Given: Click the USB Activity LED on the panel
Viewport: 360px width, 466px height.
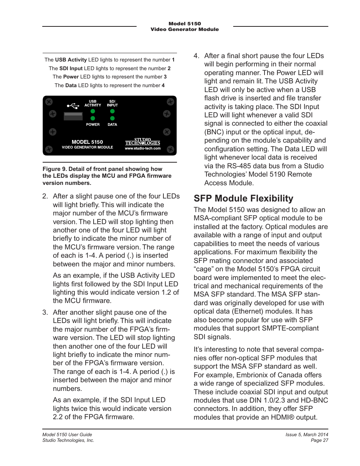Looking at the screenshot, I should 93,111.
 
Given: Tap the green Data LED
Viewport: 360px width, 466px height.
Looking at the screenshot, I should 112,118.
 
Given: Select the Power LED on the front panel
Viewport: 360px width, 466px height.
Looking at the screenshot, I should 93,118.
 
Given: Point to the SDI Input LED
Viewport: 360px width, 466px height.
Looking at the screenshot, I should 112,111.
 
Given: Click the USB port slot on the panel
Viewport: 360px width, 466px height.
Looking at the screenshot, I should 73,115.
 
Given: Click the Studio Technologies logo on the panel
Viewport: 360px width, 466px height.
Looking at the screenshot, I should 143,141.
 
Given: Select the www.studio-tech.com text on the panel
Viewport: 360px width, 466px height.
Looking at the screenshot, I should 143,148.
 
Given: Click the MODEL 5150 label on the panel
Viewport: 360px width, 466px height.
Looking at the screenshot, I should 87,142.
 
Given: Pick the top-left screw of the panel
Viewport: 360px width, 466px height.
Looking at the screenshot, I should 49,102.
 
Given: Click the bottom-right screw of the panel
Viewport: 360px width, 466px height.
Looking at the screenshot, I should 171,148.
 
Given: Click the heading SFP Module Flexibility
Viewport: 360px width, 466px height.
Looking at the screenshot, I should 243,198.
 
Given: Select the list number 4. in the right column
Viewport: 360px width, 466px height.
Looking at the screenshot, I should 196,56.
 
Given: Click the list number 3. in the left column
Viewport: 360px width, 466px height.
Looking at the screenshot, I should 45,312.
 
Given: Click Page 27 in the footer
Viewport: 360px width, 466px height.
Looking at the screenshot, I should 319,440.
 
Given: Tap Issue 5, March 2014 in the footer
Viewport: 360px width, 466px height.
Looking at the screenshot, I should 306,435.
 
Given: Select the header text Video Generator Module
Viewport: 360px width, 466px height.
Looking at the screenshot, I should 185,29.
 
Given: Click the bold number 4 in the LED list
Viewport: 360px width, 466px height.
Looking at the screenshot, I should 163,85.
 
